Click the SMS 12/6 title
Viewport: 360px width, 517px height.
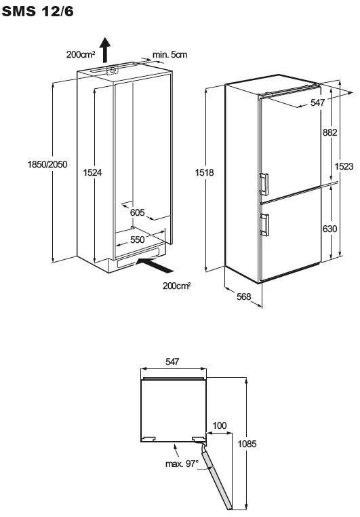(x=37, y=12)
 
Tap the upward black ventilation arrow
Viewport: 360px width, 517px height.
(x=105, y=50)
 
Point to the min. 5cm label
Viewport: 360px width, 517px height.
(x=169, y=55)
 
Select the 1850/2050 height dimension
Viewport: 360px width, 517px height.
(x=47, y=164)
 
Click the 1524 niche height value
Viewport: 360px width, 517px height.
(x=93, y=172)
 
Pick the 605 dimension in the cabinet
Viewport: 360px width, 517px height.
(x=138, y=212)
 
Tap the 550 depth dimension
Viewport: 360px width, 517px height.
(x=138, y=240)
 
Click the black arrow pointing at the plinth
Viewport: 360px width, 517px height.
(x=155, y=265)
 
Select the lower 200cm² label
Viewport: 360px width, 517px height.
(x=176, y=286)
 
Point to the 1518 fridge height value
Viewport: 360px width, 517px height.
(x=204, y=172)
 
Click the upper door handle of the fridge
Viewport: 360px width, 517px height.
(x=264, y=185)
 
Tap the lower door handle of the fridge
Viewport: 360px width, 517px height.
(x=264, y=225)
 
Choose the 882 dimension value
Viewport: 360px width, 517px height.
(x=329, y=132)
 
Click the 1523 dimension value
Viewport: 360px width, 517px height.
(x=344, y=166)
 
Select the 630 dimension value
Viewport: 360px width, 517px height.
(x=329, y=229)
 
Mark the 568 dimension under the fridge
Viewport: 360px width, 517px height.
(x=244, y=296)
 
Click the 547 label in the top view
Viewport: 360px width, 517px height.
(x=172, y=362)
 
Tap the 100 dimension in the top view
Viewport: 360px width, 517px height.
(x=220, y=425)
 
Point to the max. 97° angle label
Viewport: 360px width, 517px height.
(x=182, y=464)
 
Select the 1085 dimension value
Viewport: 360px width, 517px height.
(x=247, y=444)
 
